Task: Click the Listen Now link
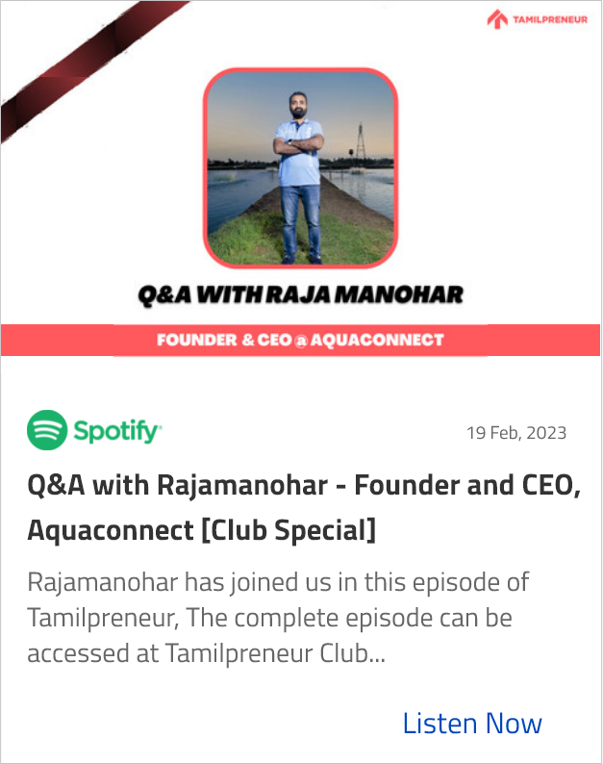pyautogui.click(x=472, y=723)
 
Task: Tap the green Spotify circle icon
pyautogui.click(x=47, y=430)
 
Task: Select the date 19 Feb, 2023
pyautogui.click(x=516, y=433)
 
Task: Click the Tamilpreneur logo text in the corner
pyautogui.click(x=550, y=19)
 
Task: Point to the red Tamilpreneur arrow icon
pyautogui.click(x=497, y=19)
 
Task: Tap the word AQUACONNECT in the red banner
pyautogui.click(x=378, y=340)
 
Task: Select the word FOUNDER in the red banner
pyautogui.click(x=197, y=340)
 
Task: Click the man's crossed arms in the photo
pyautogui.click(x=298, y=145)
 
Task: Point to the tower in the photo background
pyautogui.click(x=361, y=140)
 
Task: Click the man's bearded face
pyautogui.click(x=298, y=105)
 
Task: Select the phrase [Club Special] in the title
pyautogui.click(x=289, y=530)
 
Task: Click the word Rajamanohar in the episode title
pyautogui.click(x=242, y=486)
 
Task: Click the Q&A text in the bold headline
pyautogui.click(x=164, y=295)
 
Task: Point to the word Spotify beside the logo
pyautogui.click(x=117, y=431)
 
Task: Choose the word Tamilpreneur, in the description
pyautogui.click(x=103, y=618)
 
